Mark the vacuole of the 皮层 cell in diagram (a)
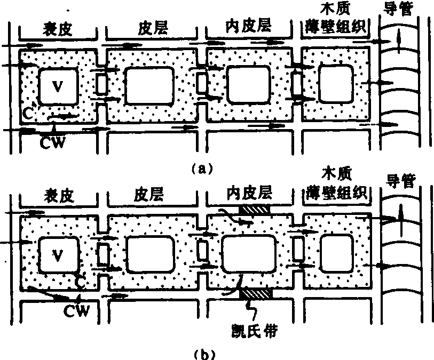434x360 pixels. tap(149, 85)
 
